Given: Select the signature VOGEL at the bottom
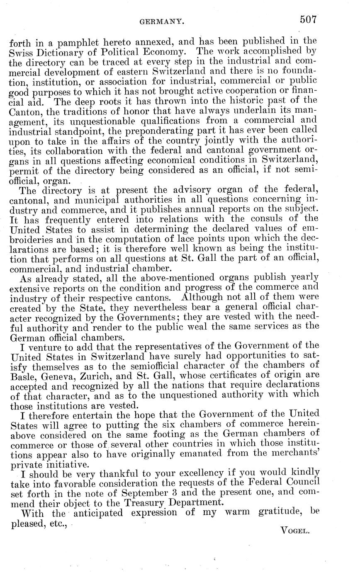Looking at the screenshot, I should coord(295,530).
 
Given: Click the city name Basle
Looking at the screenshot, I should coord(22,376).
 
